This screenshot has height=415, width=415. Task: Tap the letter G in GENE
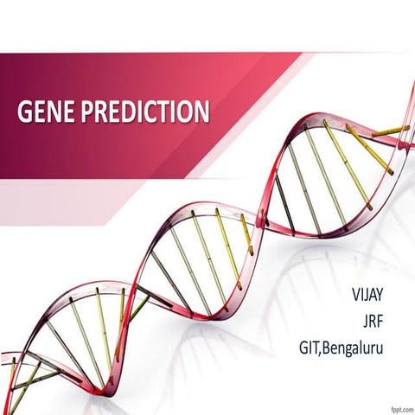pos(24,112)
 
